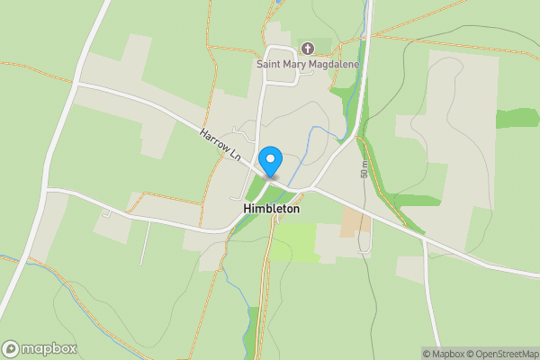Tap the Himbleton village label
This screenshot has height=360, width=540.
tap(271, 208)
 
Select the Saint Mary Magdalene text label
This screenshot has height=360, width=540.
tap(307, 64)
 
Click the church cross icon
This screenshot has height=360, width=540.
tap(307, 48)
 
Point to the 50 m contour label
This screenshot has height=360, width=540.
tap(364, 168)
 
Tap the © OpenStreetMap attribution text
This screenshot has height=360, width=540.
tap(498, 353)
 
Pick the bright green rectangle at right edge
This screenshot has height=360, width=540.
tap(517, 118)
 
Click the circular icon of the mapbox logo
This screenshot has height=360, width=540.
tap(12, 348)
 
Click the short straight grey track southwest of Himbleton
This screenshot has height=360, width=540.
tap(142, 244)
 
